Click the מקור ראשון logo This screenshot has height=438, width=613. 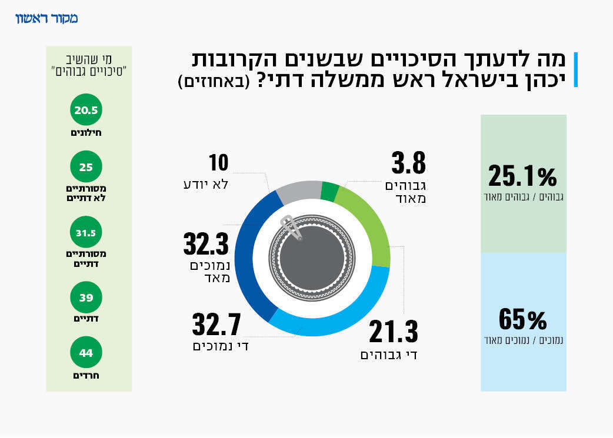(46, 18)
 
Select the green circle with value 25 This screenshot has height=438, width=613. (86, 167)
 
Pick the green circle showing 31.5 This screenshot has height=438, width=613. (86, 233)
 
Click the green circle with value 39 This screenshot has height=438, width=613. (86, 298)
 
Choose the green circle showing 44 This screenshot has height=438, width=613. (86, 353)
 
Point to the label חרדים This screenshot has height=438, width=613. (86, 375)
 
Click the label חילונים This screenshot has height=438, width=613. (86, 133)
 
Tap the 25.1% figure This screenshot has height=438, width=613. (522, 176)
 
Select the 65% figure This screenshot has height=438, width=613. (522, 320)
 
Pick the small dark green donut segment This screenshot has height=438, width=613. (329, 192)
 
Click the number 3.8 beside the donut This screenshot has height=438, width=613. (408, 164)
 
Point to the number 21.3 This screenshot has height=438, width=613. (393, 333)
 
